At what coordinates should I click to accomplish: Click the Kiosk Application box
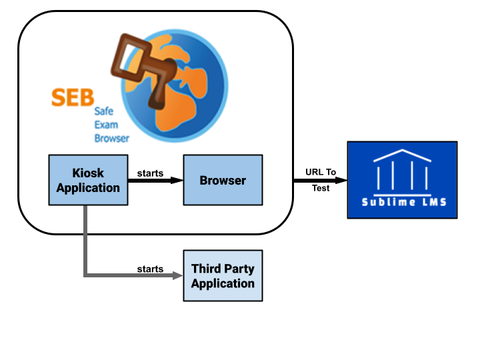(87, 180)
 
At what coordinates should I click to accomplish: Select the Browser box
(223, 180)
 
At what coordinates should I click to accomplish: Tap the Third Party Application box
(223, 275)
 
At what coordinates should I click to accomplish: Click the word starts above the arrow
(150, 173)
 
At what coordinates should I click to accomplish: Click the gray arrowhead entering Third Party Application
(179, 275)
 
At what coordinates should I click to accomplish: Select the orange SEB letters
(73, 97)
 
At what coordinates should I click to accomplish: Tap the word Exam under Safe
(105, 125)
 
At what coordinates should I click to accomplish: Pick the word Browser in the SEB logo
(111, 139)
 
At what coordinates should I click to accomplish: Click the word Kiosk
(88, 173)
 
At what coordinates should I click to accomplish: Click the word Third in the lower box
(205, 269)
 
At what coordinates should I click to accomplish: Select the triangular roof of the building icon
(402, 156)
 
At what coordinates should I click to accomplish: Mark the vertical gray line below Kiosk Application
(85, 240)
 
